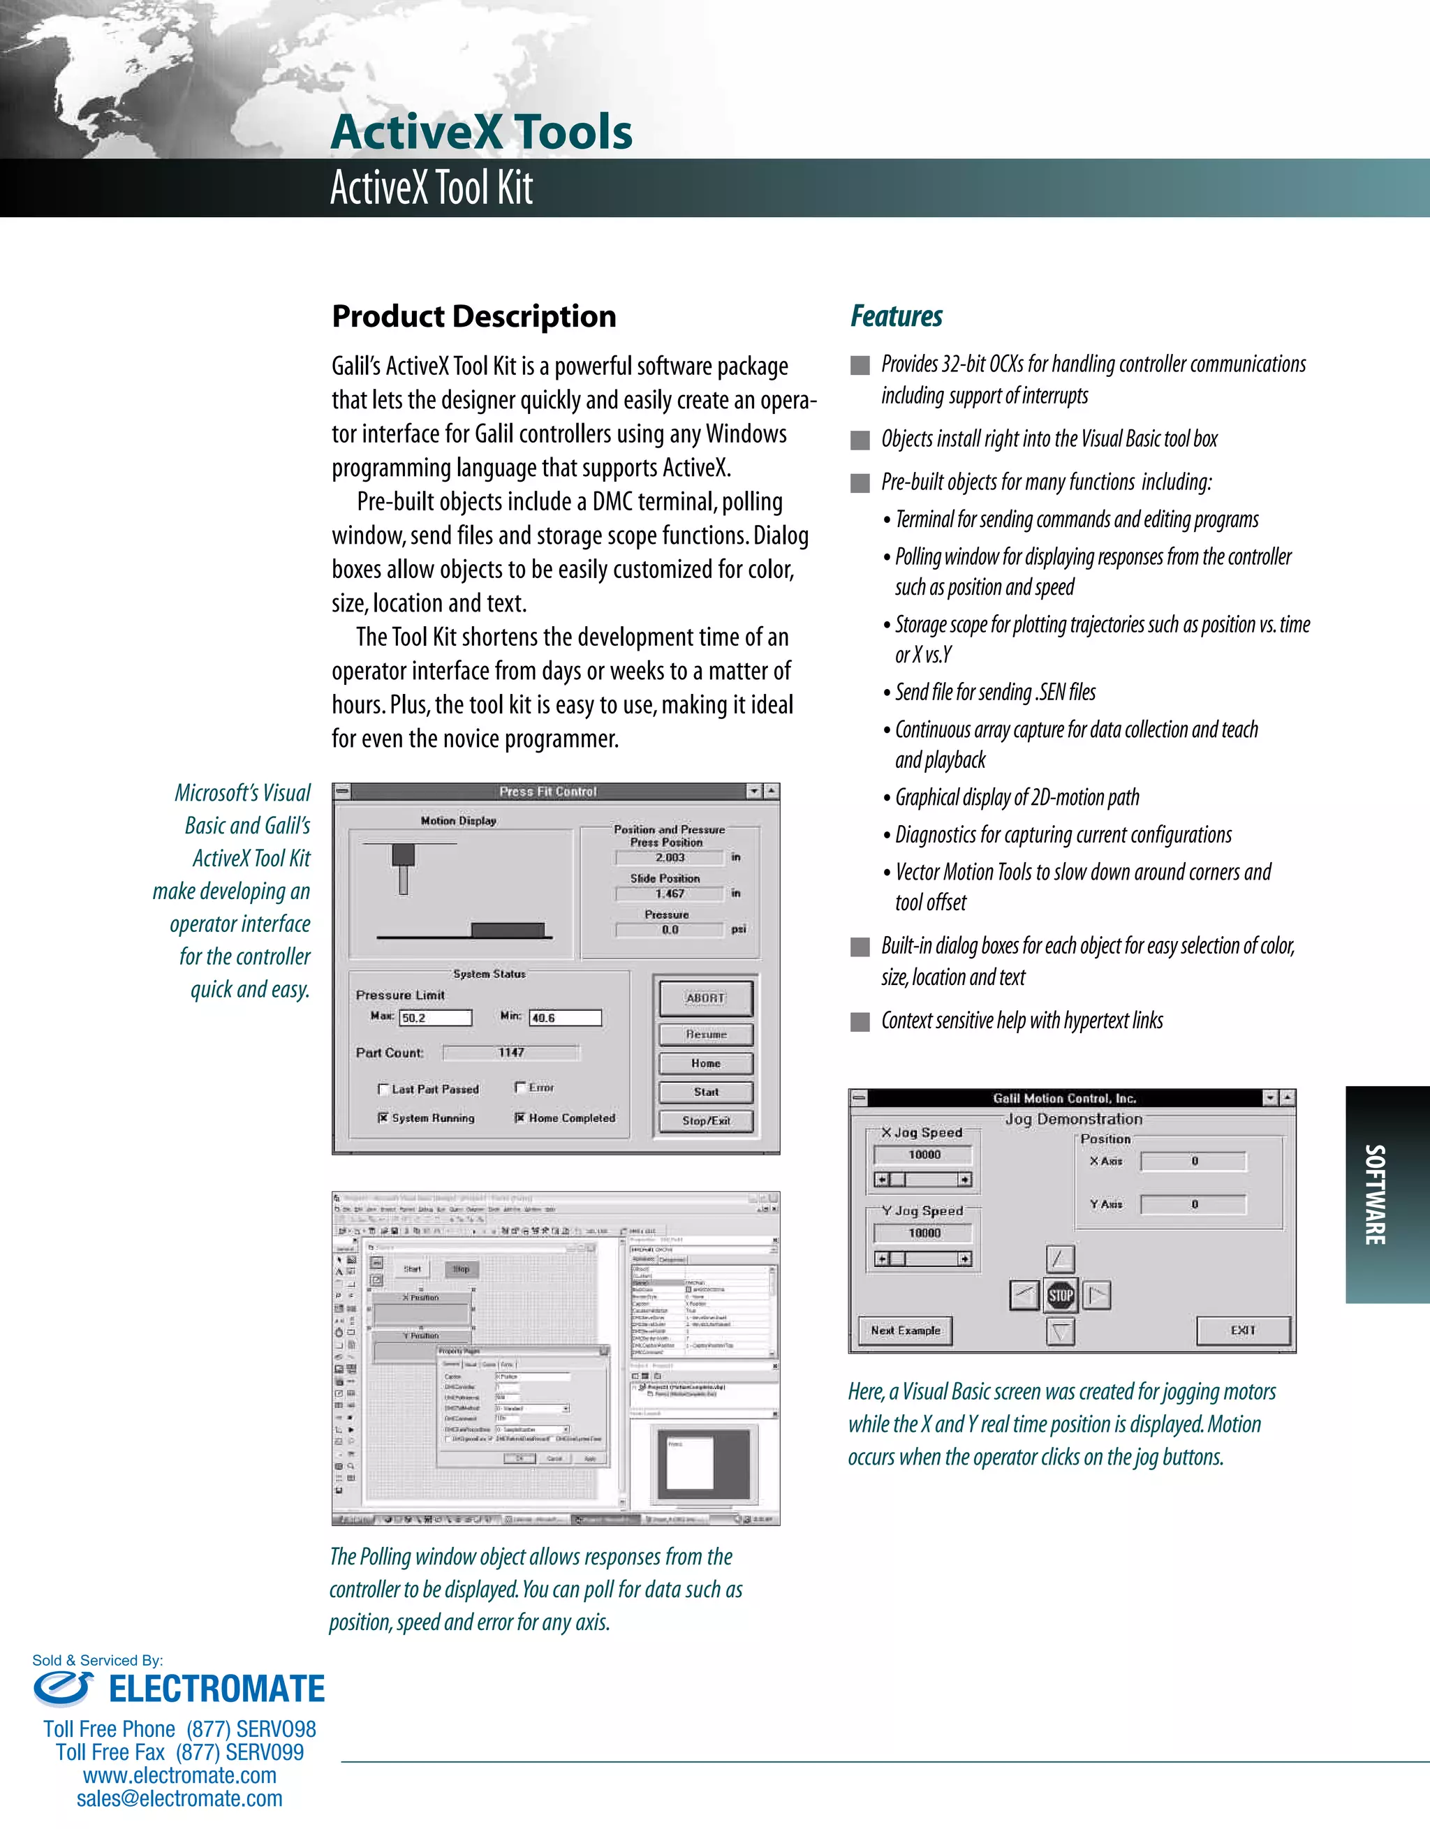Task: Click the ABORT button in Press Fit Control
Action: coord(705,998)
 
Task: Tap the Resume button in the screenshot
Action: coord(705,1035)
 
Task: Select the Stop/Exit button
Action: coord(705,1120)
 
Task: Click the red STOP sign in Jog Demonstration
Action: coord(1061,1296)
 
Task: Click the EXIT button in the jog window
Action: coord(1243,1330)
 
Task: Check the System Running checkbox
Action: coord(383,1118)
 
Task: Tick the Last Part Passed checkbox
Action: coord(383,1090)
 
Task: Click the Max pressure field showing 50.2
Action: coord(436,1018)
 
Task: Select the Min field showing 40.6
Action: coord(565,1018)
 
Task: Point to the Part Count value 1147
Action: coord(511,1053)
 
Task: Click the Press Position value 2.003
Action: coord(670,857)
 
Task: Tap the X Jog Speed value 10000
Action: coord(923,1155)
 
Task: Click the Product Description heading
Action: coord(474,316)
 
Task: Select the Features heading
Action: coord(897,316)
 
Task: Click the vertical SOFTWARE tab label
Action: coord(1375,1194)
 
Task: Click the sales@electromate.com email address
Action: coord(179,1799)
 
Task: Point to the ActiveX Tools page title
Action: coord(482,133)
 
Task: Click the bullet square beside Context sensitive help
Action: coord(860,1022)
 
